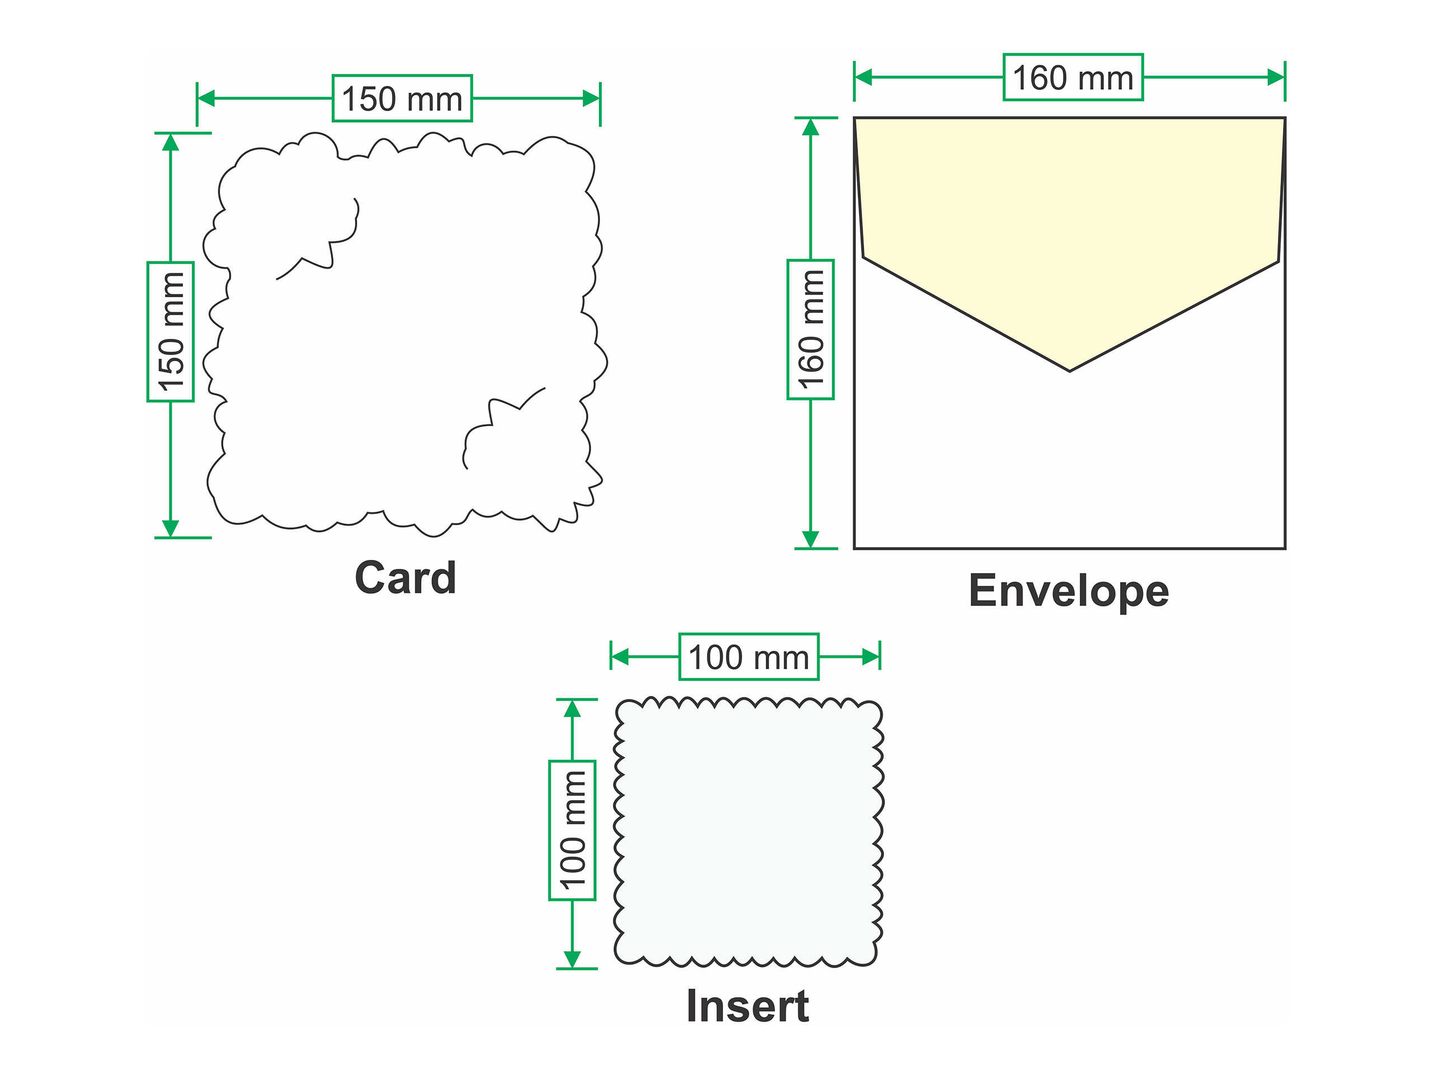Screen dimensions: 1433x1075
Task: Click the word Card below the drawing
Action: point(405,577)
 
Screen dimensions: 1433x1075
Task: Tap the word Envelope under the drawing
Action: point(1069,591)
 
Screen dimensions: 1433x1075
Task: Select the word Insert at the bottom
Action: point(748,1006)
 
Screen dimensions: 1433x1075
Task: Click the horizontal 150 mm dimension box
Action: point(402,99)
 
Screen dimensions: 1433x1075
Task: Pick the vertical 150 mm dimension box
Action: point(170,332)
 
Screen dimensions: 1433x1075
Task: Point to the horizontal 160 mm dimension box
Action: point(1073,77)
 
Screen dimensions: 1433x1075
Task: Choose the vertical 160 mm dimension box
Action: point(811,329)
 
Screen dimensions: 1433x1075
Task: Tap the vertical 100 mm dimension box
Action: point(572,830)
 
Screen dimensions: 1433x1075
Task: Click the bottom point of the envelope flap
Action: point(1070,371)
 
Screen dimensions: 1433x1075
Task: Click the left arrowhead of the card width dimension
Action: point(206,99)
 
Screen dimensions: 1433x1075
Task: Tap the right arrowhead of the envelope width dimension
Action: point(1276,78)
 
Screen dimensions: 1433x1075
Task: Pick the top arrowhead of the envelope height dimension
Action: point(811,127)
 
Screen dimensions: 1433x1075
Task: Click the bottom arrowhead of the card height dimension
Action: point(170,528)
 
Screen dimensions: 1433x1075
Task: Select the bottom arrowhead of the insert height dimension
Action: point(572,959)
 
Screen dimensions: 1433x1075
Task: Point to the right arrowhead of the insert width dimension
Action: point(870,657)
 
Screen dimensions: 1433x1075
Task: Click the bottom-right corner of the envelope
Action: point(1285,549)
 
